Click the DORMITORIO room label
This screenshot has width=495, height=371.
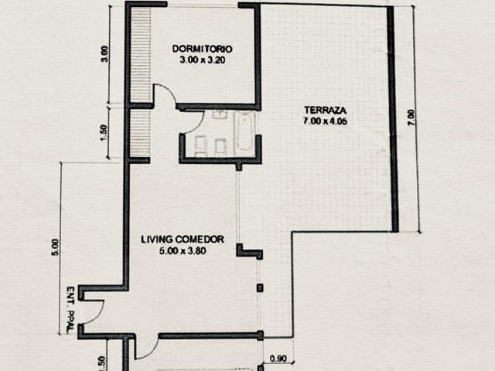click(x=202, y=49)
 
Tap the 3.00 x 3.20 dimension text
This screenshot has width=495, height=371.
click(x=203, y=60)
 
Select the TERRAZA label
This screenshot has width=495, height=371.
click(x=325, y=110)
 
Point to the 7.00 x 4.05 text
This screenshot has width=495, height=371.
click(x=325, y=121)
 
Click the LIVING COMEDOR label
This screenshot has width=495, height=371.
click(x=183, y=240)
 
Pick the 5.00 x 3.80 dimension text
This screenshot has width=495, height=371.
click(x=183, y=251)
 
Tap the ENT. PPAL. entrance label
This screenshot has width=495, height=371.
click(x=70, y=309)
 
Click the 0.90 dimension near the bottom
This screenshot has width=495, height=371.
click(x=278, y=359)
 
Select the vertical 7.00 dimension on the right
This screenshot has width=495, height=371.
click(x=411, y=117)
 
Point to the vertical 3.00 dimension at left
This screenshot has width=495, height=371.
click(x=104, y=54)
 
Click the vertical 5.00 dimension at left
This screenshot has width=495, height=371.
click(x=55, y=247)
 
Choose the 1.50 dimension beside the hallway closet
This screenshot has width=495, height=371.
click(x=104, y=132)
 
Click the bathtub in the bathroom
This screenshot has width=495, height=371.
click(x=244, y=133)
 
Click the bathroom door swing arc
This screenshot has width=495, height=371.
click(x=198, y=124)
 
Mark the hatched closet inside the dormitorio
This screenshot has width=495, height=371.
click(x=141, y=54)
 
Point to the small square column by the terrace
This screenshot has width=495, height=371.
click(x=260, y=288)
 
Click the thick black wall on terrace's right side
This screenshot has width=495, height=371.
click(x=392, y=119)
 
